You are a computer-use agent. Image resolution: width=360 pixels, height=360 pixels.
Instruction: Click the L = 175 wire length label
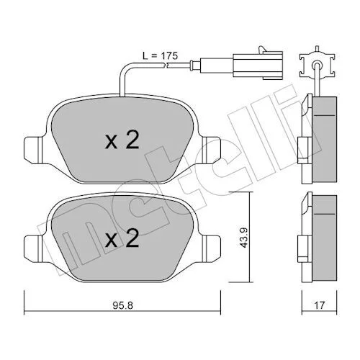pyautogui.click(x=160, y=56)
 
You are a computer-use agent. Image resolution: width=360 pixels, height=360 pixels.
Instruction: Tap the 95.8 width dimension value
pyautogui.click(x=122, y=305)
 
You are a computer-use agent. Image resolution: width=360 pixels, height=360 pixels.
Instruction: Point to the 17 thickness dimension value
pyautogui.click(x=319, y=305)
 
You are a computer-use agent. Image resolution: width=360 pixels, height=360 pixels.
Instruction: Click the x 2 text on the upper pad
pyautogui.click(x=122, y=141)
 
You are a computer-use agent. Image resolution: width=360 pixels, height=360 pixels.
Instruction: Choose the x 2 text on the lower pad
pyautogui.click(x=122, y=238)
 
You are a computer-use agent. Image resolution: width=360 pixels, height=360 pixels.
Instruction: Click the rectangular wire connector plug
pyautogui.click(x=257, y=65)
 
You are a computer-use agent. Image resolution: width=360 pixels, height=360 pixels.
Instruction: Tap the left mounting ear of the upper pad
pyautogui.click(x=34, y=150)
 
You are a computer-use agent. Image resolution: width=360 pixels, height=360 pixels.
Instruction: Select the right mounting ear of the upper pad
pyautogui.click(x=211, y=150)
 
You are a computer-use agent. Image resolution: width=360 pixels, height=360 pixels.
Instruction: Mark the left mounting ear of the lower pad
pyautogui.click(x=34, y=248)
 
